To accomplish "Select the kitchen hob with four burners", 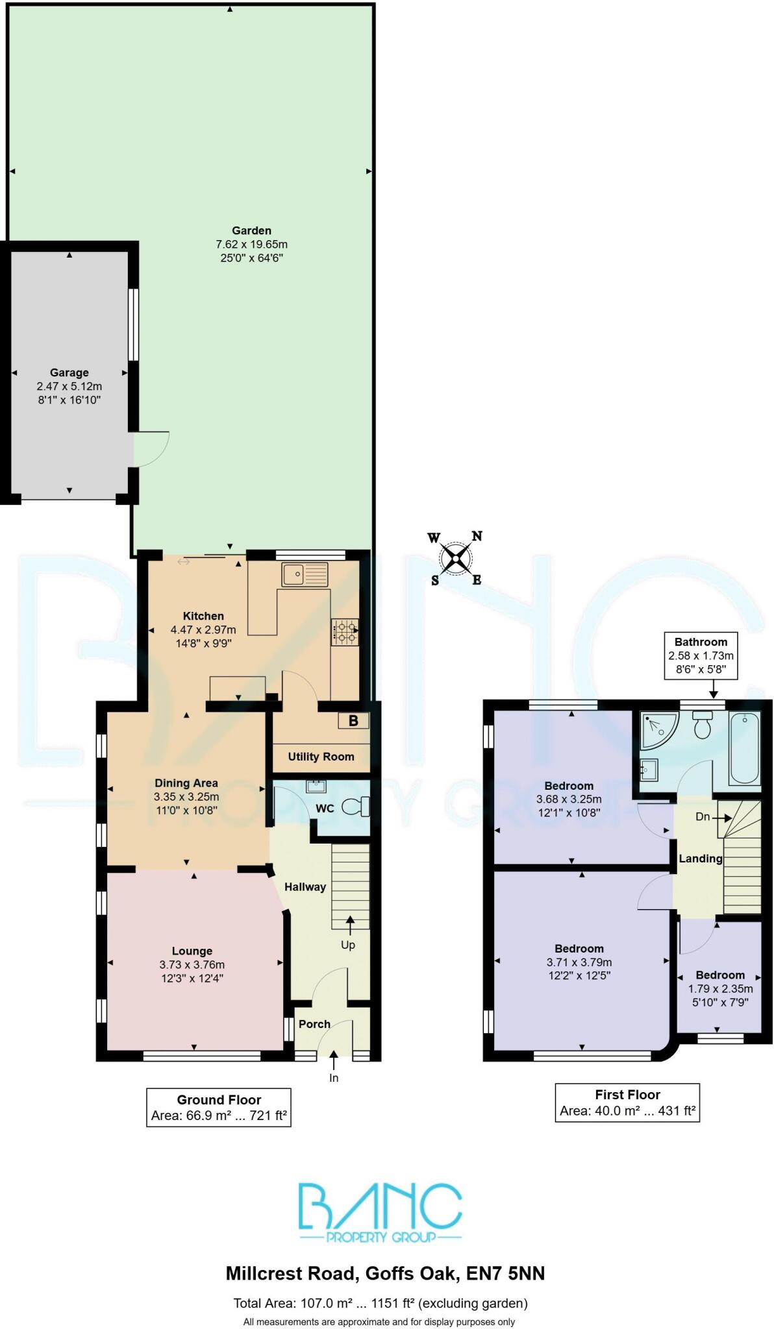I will click(345, 632).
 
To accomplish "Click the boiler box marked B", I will click(353, 720).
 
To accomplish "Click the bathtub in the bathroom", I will click(744, 748).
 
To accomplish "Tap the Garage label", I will click(69, 372).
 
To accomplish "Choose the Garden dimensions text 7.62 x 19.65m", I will click(251, 245).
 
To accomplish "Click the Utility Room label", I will click(321, 757).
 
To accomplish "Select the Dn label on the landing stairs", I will click(703, 817).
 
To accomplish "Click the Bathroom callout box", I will click(701, 655).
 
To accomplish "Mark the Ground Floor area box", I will click(219, 1108).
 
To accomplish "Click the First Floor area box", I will click(627, 1103).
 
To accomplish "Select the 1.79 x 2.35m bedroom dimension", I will click(720, 989).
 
